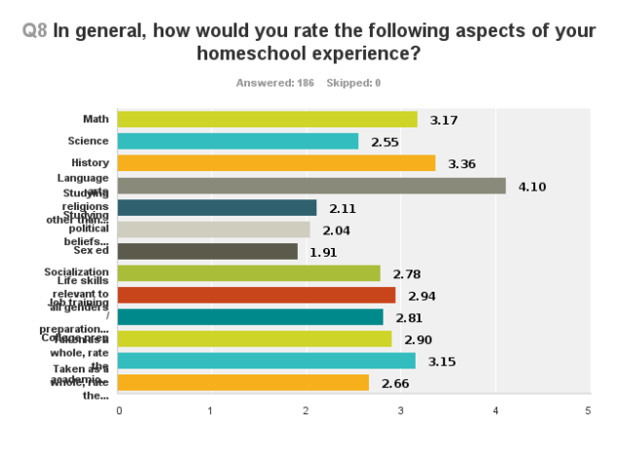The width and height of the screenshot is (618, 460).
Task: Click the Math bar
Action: [x=268, y=120]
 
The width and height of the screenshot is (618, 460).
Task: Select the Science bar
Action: [x=238, y=142]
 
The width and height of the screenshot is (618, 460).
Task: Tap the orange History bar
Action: [x=276, y=163]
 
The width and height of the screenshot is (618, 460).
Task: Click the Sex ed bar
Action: [x=207, y=251]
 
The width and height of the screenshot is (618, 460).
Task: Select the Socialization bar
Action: [x=249, y=273]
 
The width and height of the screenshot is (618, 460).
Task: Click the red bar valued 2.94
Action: [x=256, y=295]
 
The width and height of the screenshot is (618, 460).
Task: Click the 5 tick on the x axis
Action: [x=589, y=410]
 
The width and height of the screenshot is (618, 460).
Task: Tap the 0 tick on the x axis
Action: [x=119, y=410]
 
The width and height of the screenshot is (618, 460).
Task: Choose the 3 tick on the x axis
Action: [x=401, y=410]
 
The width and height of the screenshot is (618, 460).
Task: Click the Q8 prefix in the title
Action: [x=35, y=30]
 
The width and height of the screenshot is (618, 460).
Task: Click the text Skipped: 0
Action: [x=353, y=83]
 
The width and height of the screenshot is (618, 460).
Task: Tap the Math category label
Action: [x=95, y=119]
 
